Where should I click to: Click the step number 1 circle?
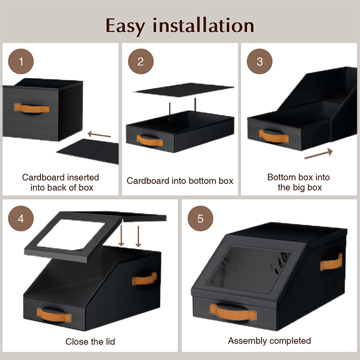click(x=21, y=61)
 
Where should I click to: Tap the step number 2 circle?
click(x=141, y=61)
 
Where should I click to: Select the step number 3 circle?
click(x=260, y=61)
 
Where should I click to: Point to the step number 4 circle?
click(x=21, y=218)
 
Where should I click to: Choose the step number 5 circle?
click(x=200, y=218)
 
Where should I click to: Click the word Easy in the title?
click(x=126, y=27)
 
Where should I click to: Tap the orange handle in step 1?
click(x=32, y=108)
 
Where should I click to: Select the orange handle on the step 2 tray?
click(x=150, y=140)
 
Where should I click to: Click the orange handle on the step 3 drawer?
click(x=274, y=136)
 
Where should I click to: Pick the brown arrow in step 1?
click(x=99, y=135)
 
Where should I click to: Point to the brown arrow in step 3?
click(x=319, y=153)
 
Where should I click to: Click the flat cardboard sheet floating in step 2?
click(x=184, y=90)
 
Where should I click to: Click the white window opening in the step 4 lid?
click(x=72, y=234)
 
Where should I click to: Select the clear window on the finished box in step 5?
click(x=250, y=269)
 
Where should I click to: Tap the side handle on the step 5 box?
click(x=331, y=262)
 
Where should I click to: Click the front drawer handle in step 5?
click(x=233, y=312)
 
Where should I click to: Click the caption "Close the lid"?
click(x=90, y=342)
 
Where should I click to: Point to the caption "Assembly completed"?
click(x=269, y=341)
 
